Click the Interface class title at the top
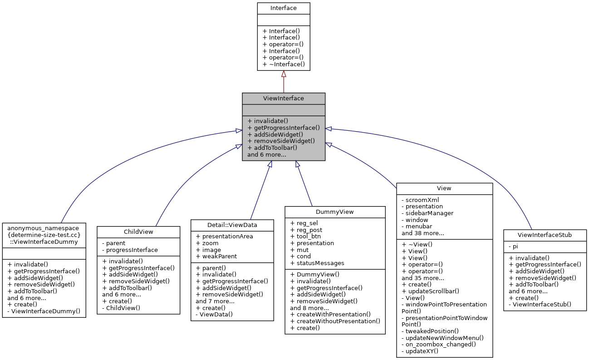click(283, 8)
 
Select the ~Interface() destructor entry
click(284, 64)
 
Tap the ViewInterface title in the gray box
click(283, 99)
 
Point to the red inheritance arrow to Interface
click(284, 82)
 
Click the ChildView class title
click(138, 232)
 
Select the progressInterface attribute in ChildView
click(132, 250)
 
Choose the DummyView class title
click(334, 212)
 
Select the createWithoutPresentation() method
click(335, 321)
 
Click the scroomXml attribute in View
click(422, 199)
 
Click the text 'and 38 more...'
click(422, 233)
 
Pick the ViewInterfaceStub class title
click(545, 235)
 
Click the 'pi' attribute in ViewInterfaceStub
click(515, 246)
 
